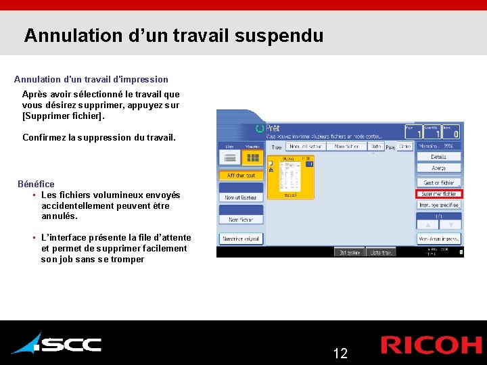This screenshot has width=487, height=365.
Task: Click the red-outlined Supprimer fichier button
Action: click(x=438, y=194)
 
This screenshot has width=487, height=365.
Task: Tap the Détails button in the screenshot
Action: click(x=438, y=157)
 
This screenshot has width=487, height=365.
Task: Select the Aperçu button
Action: click(x=438, y=168)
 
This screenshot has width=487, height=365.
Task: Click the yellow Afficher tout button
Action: click(x=241, y=175)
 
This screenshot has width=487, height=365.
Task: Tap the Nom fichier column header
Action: click(x=346, y=146)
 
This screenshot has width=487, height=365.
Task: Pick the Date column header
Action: click(x=375, y=146)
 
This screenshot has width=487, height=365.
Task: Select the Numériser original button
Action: click(x=241, y=239)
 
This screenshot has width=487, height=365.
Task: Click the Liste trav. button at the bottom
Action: click(x=380, y=252)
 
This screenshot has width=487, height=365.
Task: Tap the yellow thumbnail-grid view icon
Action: click(x=253, y=157)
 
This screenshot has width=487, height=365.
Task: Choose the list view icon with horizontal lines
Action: click(x=230, y=157)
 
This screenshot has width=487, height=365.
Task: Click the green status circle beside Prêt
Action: click(x=260, y=128)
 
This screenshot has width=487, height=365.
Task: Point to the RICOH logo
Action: click(x=431, y=345)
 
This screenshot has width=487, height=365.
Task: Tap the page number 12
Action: click(x=340, y=353)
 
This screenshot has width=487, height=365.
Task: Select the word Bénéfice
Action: click(x=36, y=184)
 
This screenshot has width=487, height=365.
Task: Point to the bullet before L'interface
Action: click(x=33, y=237)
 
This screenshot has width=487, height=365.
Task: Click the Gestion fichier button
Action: click(x=438, y=182)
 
